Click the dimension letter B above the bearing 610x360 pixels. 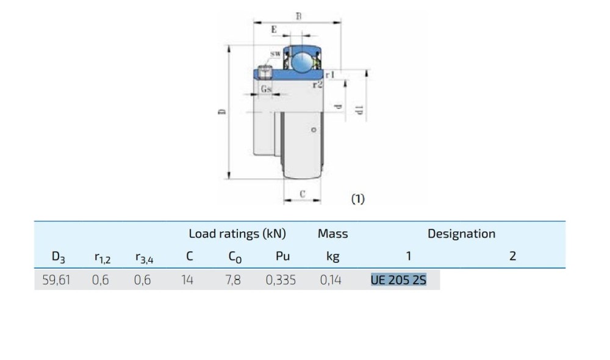[x=298, y=16]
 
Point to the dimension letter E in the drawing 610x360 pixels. [x=274, y=29]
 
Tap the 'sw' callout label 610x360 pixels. [x=275, y=54]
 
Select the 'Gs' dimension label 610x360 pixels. [x=266, y=88]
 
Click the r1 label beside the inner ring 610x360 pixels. [x=330, y=74]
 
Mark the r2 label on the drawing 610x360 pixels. [x=318, y=84]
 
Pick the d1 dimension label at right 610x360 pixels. [x=359, y=110]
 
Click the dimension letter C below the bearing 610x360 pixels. [x=303, y=194]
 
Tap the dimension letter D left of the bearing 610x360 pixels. [x=222, y=112]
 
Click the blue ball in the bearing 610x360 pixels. [x=303, y=62]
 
